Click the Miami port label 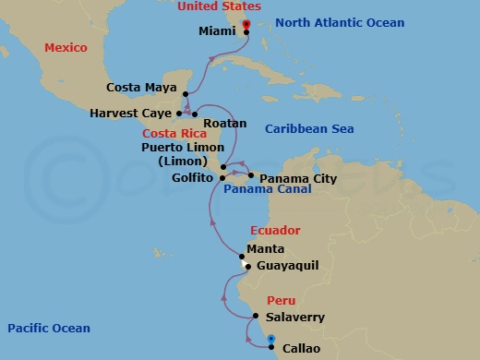pyautogui.click(x=218, y=30)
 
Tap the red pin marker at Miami pyautogui.click(x=246, y=25)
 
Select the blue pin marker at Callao pyautogui.click(x=270, y=342)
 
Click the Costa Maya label pyautogui.click(x=142, y=88)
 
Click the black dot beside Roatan pyautogui.click(x=195, y=114)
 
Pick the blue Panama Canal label pyautogui.click(x=267, y=189)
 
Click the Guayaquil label pyautogui.click(x=286, y=265)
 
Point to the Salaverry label pyautogui.click(x=294, y=317)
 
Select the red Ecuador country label pyautogui.click(x=276, y=231)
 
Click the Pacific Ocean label pyautogui.click(x=48, y=328)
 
